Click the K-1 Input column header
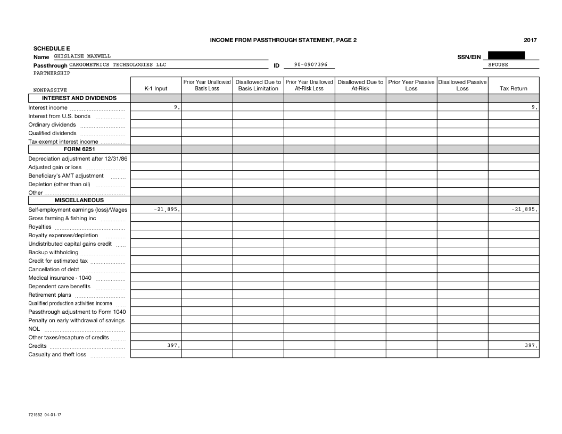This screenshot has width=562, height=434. (156, 89)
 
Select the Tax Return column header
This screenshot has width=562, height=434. (513, 89)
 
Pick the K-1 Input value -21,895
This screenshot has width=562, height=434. (167, 210)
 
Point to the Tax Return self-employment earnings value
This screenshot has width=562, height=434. (524, 210)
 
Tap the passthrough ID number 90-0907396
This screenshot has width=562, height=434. (311, 65)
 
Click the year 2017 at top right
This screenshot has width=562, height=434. (530, 40)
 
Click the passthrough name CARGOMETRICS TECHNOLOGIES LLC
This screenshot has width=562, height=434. (118, 65)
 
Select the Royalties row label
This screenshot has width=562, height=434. (40, 227)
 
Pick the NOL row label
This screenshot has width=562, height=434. (33, 329)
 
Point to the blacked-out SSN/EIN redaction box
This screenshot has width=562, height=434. (506, 55)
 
